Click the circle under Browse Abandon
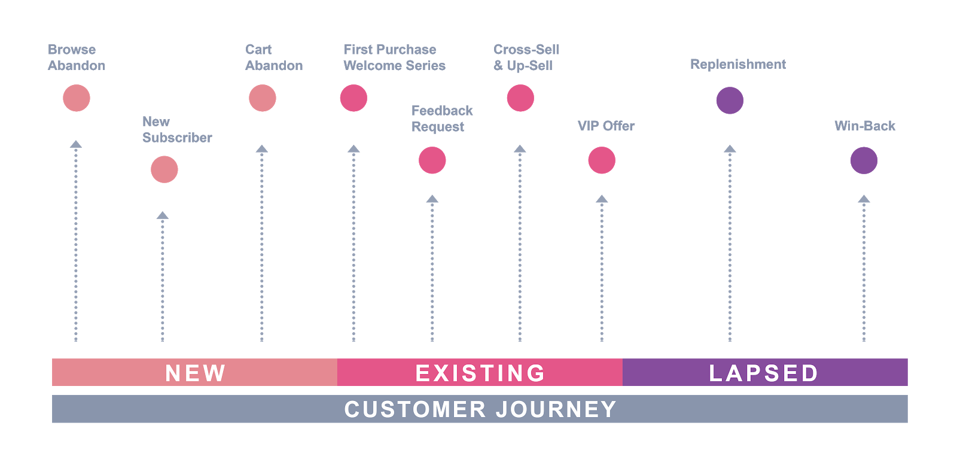coord(77,98)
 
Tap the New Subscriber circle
coord(164,169)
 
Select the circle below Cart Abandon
coord(263,98)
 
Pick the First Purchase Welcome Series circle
coord(353,98)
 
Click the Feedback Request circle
coord(432,160)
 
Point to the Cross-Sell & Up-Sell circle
coord(520,98)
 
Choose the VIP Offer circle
coord(602,160)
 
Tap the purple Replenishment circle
coord(730,101)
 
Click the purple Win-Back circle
coord(864,160)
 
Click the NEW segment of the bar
coord(195,372)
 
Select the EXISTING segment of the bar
coord(480,372)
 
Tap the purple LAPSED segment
coord(764,372)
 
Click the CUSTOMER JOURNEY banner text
coord(480,409)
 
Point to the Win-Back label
coord(865,126)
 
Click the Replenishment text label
coord(738,64)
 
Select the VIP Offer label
coord(606,126)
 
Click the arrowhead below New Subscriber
coord(163,215)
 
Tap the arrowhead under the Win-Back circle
coord(864,199)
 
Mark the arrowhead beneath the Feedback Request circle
coord(432,199)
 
